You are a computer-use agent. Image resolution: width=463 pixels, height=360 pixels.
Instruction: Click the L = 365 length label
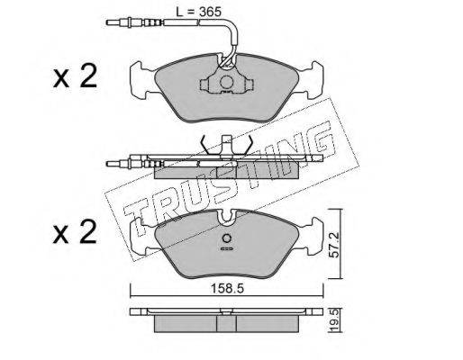(x=198, y=12)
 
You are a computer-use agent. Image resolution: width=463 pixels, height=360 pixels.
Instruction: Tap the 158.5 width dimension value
(x=226, y=289)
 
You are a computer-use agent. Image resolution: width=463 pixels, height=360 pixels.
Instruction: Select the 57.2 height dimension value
(x=334, y=245)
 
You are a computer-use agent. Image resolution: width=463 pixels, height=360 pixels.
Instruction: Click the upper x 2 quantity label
(x=75, y=76)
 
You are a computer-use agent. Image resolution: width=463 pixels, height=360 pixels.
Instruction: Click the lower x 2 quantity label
(x=75, y=232)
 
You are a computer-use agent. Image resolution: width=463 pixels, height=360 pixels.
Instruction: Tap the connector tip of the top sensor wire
(x=111, y=22)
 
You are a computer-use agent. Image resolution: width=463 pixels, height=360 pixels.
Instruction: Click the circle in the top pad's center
(x=227, y=82)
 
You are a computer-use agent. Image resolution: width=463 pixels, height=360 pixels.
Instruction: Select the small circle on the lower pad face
(x=227, y=238)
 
